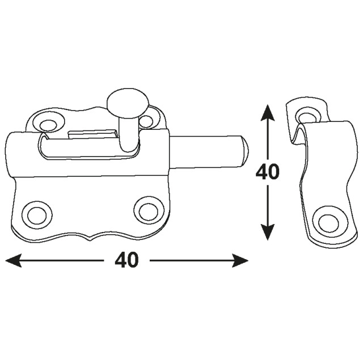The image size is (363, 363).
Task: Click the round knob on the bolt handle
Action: [128, 103]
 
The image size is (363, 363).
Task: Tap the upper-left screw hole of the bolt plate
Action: [48, 124]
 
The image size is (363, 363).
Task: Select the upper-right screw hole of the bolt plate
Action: [146, 121]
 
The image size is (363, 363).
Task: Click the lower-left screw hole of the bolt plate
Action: [37, 214]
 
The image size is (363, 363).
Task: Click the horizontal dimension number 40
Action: [126, 260]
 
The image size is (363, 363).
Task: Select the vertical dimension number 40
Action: [267, 172]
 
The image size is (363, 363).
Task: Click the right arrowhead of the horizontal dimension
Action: [240, 261]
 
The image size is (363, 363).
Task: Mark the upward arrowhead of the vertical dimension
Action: [268, 113]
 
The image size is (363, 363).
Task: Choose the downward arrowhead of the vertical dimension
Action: [268, 232]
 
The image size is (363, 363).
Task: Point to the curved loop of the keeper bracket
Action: [301, 132]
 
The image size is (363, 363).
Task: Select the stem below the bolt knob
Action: [128, 134]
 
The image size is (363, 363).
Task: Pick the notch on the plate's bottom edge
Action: [90, 239]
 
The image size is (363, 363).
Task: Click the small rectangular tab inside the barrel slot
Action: [92, 134]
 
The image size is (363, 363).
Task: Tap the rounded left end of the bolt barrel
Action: [9, 155]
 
